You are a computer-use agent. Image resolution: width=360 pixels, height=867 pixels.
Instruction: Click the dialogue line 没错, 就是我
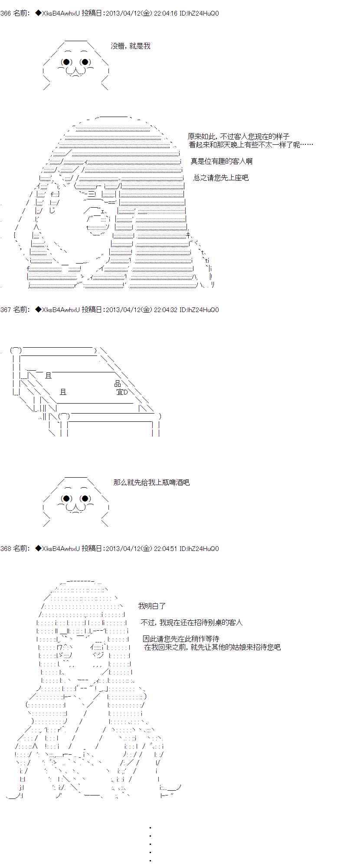[x=131, y=46]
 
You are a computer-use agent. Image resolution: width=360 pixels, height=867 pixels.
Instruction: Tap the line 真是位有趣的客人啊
[x=221, y=161]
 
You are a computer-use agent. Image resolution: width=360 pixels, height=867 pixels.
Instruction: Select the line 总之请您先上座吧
[x=221, y=178]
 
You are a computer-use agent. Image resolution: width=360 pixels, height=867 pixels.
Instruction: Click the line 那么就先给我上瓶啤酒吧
[x=151, y=482]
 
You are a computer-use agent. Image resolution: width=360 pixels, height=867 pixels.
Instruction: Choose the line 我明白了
[x=152, y=606]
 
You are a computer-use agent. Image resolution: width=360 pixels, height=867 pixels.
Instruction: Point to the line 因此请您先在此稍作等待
[x=181, y=639]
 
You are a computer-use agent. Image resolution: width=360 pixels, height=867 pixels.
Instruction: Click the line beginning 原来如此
[x=239, y=136]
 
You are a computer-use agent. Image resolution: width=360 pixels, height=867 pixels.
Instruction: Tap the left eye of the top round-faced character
[x=66, y=62]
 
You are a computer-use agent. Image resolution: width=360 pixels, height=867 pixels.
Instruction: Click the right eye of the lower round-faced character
[x=85, y=498]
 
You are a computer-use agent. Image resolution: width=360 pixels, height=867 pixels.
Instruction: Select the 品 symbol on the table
[x=118, y=383]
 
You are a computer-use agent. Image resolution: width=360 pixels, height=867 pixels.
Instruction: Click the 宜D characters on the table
[x=122, y=392]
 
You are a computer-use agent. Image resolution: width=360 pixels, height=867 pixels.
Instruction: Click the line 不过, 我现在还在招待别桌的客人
[x=192, y=623]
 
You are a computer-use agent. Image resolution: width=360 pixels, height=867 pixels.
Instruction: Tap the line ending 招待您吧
[x=213, y=647]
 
